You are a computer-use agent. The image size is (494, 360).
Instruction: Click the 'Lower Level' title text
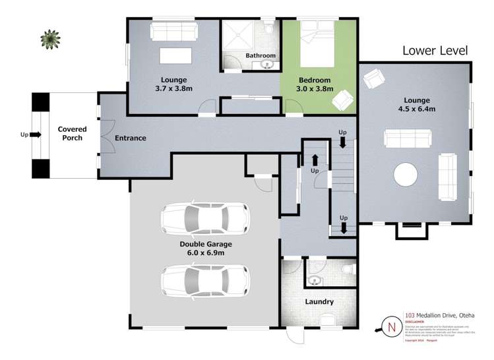click(x=435, y=51)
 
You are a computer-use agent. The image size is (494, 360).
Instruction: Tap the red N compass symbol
click(x=391, y=326)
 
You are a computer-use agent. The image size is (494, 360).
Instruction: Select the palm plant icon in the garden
click(x=49, y=39)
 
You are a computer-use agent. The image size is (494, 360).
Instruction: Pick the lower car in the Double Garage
click(x=205, y=280)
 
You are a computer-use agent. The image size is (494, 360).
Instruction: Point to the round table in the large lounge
click(x=406, y=176)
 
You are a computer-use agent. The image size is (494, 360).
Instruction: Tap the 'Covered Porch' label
click(x=72, y=134)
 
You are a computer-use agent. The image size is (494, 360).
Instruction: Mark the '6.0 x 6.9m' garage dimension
click(x=205, y=253)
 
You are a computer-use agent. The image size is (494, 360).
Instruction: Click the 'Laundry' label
click(x=319, y=302)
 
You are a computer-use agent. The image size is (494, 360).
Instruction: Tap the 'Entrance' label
click(x=131, y=138)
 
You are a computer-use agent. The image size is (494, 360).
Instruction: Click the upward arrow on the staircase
click(x=315, y=160)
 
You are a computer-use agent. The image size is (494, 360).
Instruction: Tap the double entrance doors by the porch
click(x=104, y=137)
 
